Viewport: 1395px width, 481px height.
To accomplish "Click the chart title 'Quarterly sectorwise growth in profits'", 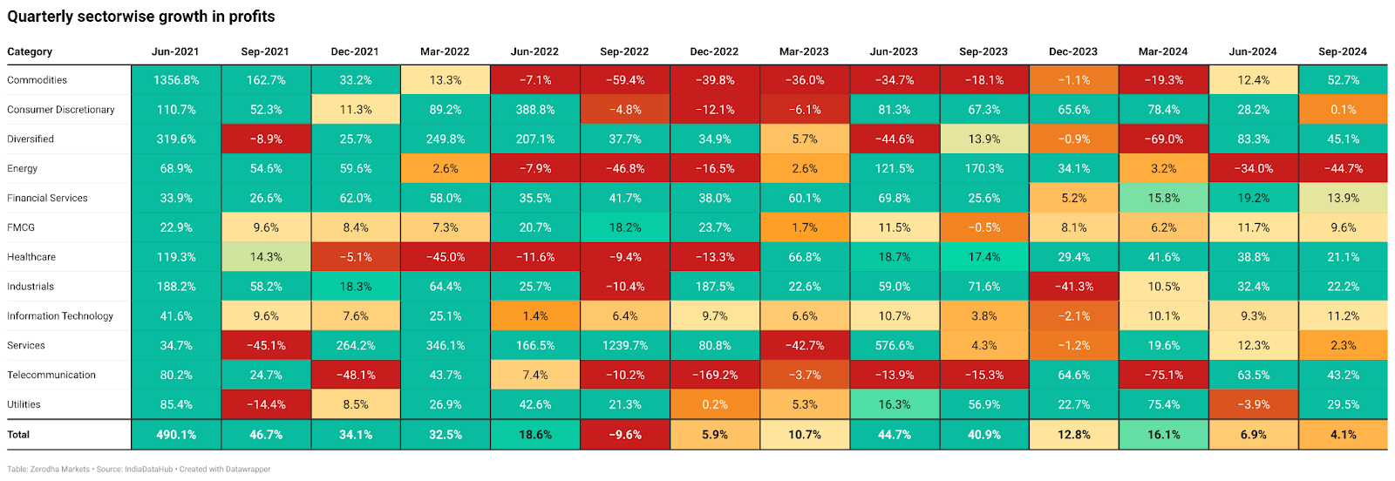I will pyautogui.click(x=141, y=17).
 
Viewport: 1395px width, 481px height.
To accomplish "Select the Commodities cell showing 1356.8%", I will pyautogui.click(x=176, y=80).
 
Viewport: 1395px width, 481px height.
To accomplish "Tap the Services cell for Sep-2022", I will pyautogui.click(x=624, y=346).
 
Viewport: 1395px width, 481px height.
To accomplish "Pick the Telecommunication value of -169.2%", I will pyautogui.click(x=714, y=376).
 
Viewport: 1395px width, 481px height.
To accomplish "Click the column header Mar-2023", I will pyautogui.click(x=804, y=51).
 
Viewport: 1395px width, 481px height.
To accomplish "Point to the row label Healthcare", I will pyautogui.click(x=31, y=257).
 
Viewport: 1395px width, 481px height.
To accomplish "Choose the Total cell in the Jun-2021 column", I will pyautogui.click(x=176, y=435).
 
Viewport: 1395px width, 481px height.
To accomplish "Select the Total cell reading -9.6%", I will pyautogui.click(x=624, y=435).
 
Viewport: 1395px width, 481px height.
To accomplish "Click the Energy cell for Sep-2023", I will pyautogui.click(x=983, y=169).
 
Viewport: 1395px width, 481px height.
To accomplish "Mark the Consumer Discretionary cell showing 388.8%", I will pyautogui.click(x=534, y=110).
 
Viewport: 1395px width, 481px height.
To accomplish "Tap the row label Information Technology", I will pyautogui.click(x=60, y=316).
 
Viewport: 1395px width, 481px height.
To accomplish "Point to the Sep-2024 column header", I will pyautogui.click(x=1343, y=51).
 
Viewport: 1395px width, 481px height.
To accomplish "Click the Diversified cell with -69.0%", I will pyautogui.click(x=1163, y=139).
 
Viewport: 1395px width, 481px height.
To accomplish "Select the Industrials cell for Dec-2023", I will pyautogui.click(x=1073, y=287).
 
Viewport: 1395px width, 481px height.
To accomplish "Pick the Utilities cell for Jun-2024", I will pyautogui.click(x=1253, y=405).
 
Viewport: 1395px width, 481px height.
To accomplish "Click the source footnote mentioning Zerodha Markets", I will pyautogui.click(x=139, y=470).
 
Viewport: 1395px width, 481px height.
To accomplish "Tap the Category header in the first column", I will pyautogui.click(x=30, y=51).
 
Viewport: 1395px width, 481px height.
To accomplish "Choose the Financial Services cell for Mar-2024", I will pyautogui.click(x=1163, y=199).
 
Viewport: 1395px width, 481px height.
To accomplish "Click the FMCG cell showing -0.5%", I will pyautogui.click(x=983, y=228).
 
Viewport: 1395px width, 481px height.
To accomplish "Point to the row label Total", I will pyautogui.click(x=18, y=435).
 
